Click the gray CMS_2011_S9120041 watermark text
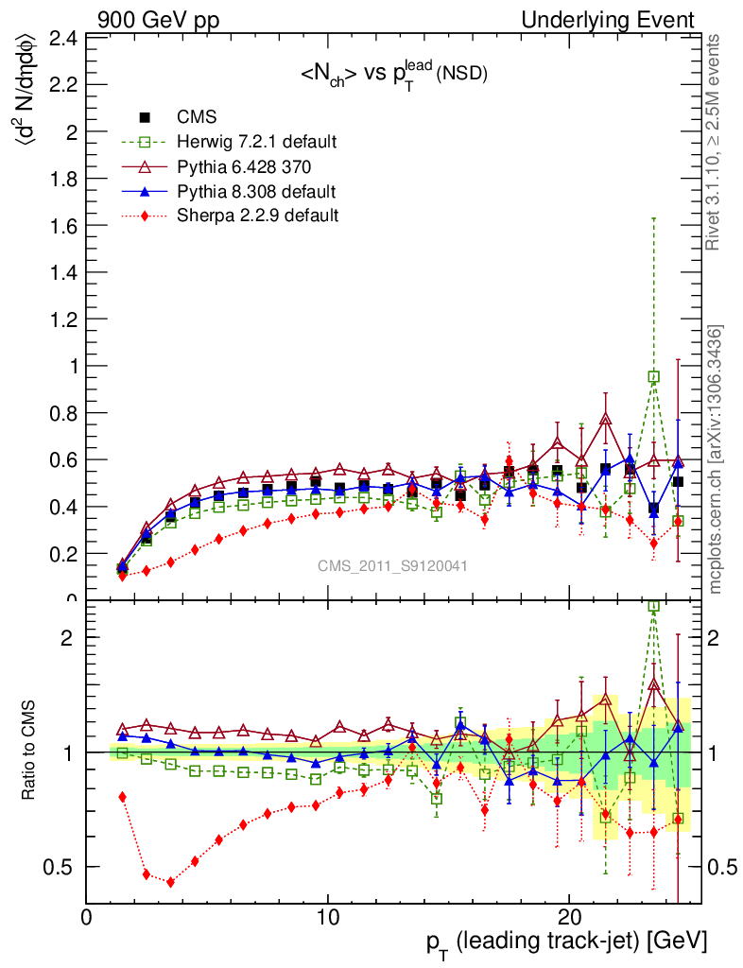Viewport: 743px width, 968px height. (392, 566)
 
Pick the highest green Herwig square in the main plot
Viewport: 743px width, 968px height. (653, 376)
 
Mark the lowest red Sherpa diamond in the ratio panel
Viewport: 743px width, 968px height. (170, 882)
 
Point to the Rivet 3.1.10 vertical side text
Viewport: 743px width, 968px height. (715, 143)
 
